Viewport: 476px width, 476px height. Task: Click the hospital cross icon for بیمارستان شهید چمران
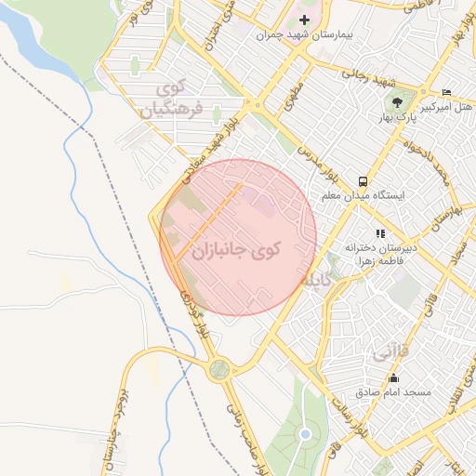(304, 20)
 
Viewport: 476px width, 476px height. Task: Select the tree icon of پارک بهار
(398, 101)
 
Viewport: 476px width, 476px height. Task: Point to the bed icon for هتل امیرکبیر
(447, 92)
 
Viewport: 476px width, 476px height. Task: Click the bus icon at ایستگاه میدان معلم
(362, 181)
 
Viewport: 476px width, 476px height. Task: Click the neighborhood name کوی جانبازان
(238, 250)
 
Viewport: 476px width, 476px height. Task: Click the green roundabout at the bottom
(219, 369)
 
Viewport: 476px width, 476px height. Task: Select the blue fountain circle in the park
(305, 435)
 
